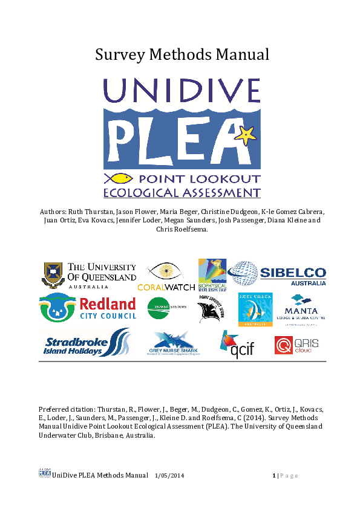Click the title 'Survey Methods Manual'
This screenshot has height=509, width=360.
pos(182,54)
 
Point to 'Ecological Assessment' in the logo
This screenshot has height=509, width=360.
pos(182,193)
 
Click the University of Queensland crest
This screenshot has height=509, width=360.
pos(53,275)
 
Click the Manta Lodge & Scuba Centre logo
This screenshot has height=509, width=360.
pos(308,310)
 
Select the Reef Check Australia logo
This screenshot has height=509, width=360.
pos(255,310)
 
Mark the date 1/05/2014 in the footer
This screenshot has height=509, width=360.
pos(169,476)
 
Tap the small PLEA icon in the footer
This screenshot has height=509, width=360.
pos(44,473)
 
